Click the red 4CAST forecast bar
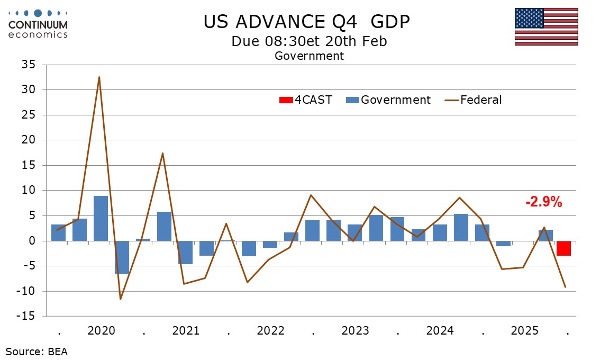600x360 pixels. pyautogui.click(x=563, y=248)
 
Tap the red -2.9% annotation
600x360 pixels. pyautogui.click(x=543, y=202)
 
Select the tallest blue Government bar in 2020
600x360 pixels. pyautogui.click(x=101, y=218)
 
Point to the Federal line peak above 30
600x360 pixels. pyautogui.click(x=99, y=77)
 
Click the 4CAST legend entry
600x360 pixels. pyautogui.click(x=305, y=100)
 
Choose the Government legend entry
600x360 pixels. pyautogui.click(x=388, y=100)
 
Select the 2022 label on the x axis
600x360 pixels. pyautogui.click(x=270, y=331)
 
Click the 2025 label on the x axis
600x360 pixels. pyautogui.click(x=524, y=331)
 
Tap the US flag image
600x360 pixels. pyautogui.click(x=546, y=26)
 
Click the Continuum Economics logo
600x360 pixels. pyautogui.click(x=38, y=24)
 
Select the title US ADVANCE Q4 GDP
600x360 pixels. pyautogui.click(x=307, y=22)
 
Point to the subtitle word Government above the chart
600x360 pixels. pyautogui.click(x=309, y=56)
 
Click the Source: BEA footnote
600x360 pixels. pyautogui.click(x=37, y=351)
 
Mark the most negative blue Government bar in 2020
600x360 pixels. pyautogui.click(x=122, y=257)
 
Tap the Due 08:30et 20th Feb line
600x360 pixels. pyautogui.click(x=309, y=41)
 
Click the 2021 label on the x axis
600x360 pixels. pyautogui.click(x=186, y=331)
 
